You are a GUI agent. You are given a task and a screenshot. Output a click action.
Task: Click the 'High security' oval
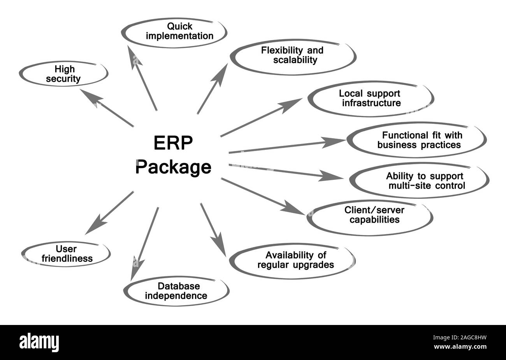63,74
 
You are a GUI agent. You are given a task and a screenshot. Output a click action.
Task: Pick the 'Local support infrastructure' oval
370,98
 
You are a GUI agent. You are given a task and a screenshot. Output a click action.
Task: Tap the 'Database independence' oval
176,291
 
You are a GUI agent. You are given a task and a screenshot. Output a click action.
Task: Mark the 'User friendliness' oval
65,254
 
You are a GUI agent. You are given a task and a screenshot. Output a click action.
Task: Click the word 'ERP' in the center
173,144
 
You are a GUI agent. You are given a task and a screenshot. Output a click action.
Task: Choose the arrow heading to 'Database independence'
145,243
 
